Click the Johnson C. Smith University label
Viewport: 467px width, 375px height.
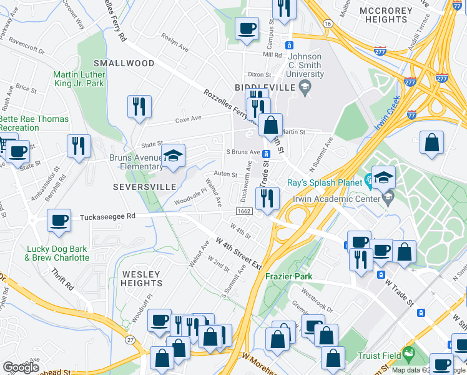[x=305, y=65]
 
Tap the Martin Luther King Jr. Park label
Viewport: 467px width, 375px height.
[x=79, y=79]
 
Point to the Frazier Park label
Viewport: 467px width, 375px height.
[x=288, y=276]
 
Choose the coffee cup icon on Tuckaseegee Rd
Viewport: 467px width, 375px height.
[x=60, y=221]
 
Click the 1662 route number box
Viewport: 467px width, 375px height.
[x=244, y=211]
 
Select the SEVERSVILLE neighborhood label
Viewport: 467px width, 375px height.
[x=139, y=187]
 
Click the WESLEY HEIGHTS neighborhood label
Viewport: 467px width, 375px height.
[x=142, y=279]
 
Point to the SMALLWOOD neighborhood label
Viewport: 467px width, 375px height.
[x=124, y=63]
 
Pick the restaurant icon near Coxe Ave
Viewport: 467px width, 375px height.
[x=139, y=106]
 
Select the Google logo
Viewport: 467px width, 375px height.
[x=21, y=367]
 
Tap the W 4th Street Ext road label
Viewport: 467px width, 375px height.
[x=238, y=252]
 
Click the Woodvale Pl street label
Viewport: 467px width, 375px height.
[x=190, y=199]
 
